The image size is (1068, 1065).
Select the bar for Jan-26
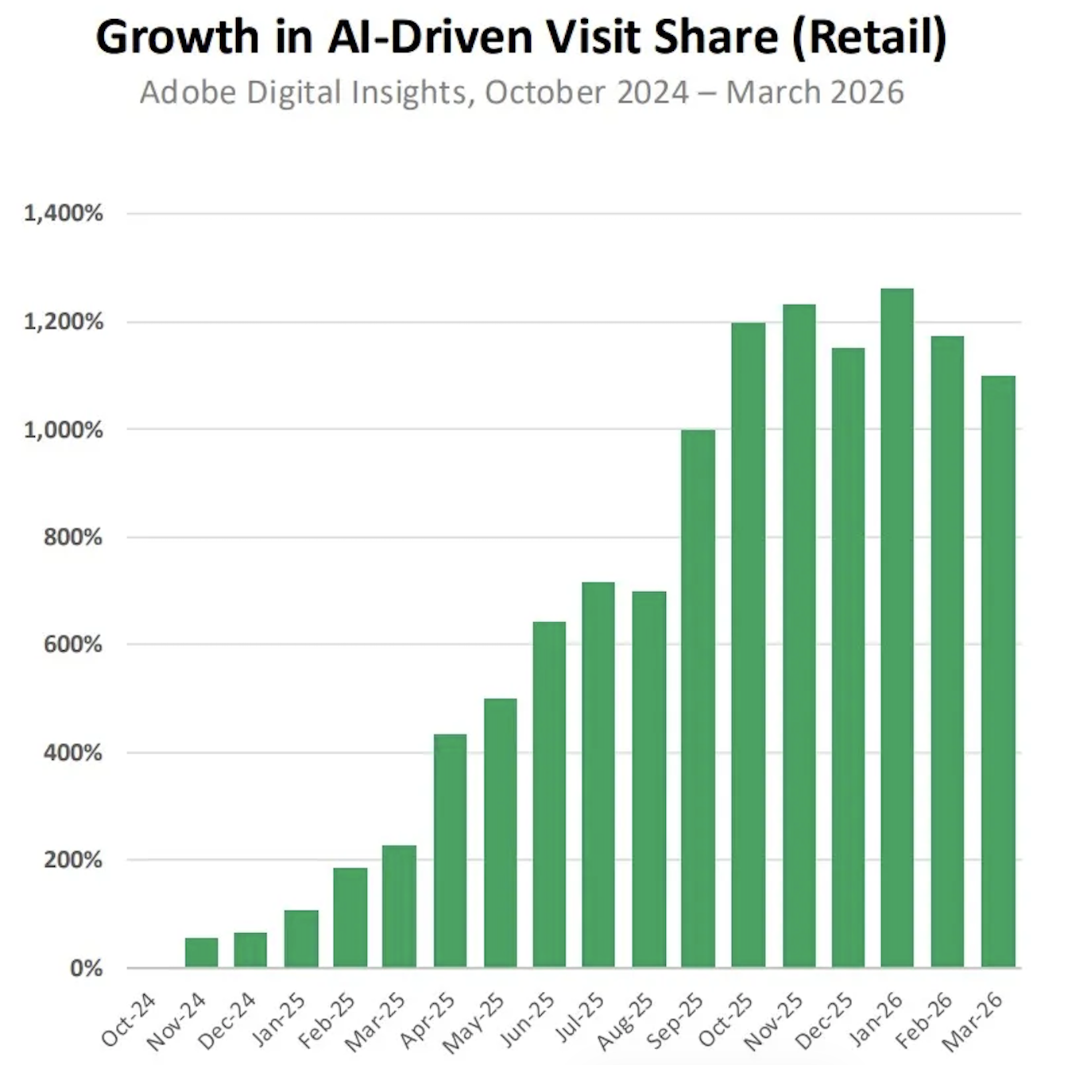(x=896, y=628)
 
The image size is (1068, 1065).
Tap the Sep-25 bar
(x=698, y=699)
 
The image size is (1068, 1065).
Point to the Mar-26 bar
(x=998, y=672)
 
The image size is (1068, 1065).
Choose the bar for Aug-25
(x=648, y=780)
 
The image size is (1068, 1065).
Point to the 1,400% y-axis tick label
(x=64, y=214)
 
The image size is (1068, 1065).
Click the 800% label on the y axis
(x=73, y=537)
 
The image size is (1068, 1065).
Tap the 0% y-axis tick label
(x=87, y=968)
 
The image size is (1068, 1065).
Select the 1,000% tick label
(x=64, y=430)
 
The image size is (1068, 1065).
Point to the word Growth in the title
(x=177, y=37)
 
